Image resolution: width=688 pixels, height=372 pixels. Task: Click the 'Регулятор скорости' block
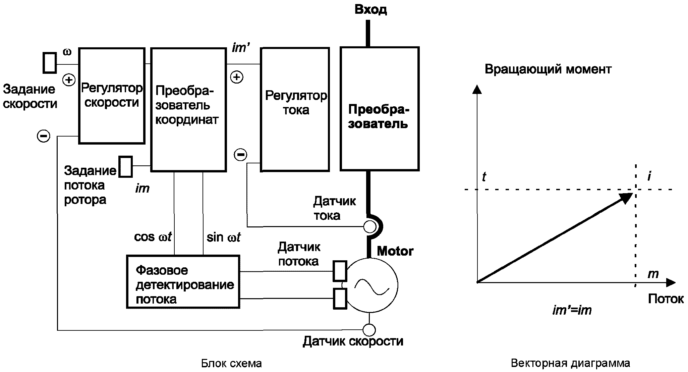pos(112,96)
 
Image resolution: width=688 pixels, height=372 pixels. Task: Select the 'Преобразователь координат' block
pos(188,110)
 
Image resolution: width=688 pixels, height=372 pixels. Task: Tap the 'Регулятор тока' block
pos(295,110)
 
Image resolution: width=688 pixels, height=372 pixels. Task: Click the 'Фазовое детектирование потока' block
pos(183,282)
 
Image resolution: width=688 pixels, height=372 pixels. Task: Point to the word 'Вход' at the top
pos(370,9)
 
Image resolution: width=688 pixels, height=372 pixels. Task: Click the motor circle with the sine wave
pos(371,285)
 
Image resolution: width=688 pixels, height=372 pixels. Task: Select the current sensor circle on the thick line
pos(369,227)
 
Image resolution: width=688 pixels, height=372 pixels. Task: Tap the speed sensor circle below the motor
pos(369,330)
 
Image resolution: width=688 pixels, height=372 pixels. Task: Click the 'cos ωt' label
pos(153,237)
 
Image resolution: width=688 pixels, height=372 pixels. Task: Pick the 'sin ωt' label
pos(224,237)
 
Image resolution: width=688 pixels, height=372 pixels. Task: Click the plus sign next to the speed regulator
pos(69,80)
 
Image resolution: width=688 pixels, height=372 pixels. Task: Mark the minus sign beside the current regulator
pos(240,155)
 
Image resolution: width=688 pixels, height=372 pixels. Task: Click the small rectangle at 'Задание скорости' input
pos(50,62)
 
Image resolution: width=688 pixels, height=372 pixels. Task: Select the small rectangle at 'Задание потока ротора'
pos(126,166)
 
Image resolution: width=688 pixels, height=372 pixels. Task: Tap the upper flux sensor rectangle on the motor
pos(340,271)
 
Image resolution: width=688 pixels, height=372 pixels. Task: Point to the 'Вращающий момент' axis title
pos(548,69)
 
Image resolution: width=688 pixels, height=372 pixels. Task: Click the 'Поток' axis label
pos(666,299)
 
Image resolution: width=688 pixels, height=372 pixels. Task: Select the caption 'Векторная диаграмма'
pos(570,363)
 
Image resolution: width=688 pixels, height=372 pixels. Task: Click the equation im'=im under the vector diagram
pos(572,310)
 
